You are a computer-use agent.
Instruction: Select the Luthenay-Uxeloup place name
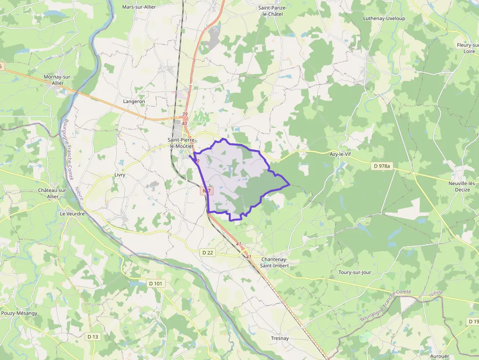click(x=384, y=19)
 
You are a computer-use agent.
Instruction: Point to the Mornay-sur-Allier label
click(x=58, y=80)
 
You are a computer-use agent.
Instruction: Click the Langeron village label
click(x=134, y=101)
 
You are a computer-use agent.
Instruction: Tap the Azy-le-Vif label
click(x=340, y=154)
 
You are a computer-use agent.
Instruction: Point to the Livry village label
click(x=120, y=174)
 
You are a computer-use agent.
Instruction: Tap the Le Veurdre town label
click(x=72, y=213)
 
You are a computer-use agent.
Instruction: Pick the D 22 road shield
click(x=207, y=252)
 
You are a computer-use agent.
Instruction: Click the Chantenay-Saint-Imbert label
click(x=274, y=262)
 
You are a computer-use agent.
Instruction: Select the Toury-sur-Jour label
click(x=358, y=272)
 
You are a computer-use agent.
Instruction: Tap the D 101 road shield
click(x=154, y=283)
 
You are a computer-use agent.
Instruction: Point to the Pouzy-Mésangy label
click(x=19, y=313)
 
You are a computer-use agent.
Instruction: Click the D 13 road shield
click(x=92, y=337)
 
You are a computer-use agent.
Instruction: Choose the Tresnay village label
click(x=280, y=338)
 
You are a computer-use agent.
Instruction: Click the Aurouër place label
click(x=439, y=356)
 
